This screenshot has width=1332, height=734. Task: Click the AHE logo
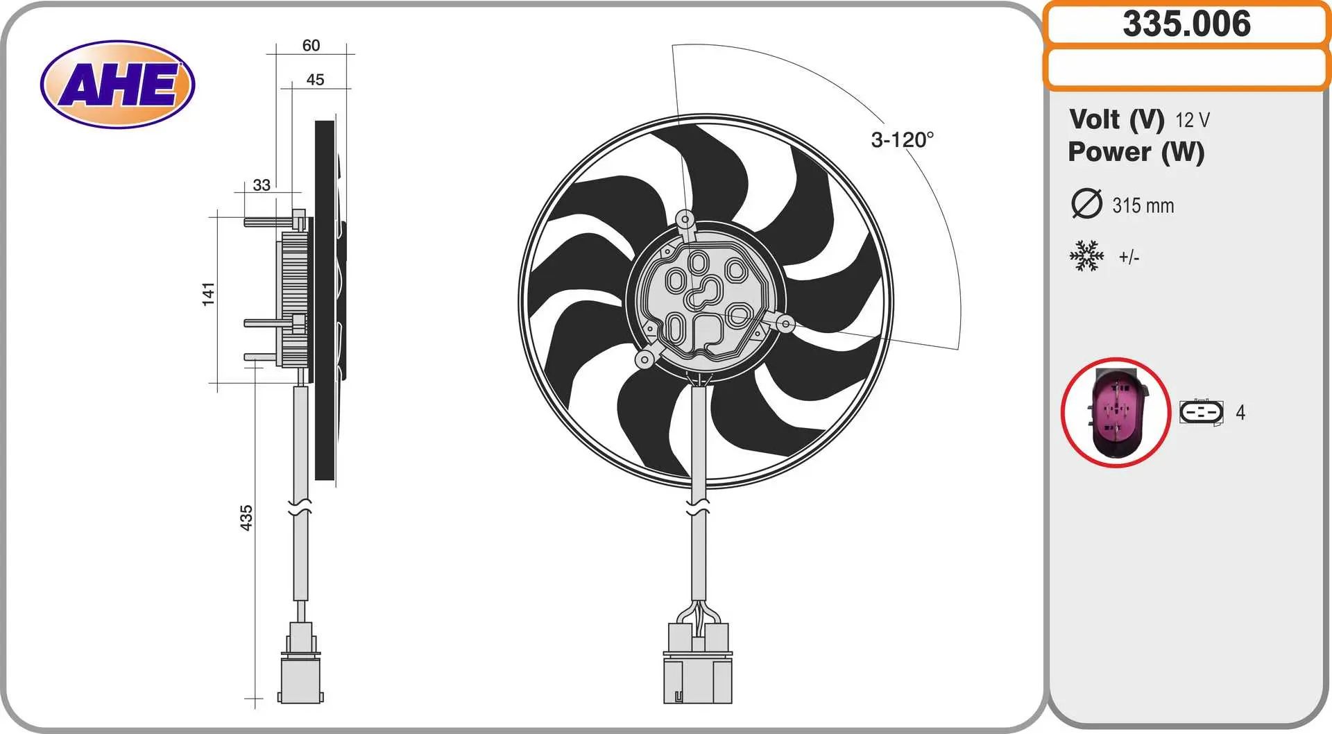(118, 85)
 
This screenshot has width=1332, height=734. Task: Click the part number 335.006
(1186, 24)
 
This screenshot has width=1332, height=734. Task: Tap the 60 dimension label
(311, 45)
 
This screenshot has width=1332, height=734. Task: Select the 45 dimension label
(315, 80)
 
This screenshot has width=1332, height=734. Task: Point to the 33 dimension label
(262, 185)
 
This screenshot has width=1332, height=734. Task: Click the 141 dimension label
(208, 294)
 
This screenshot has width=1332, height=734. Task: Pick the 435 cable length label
(246, 518)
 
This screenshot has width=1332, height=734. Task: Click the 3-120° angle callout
(903, 140)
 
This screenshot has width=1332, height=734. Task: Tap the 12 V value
(1193, 120)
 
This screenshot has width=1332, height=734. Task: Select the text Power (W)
(1136, 152)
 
